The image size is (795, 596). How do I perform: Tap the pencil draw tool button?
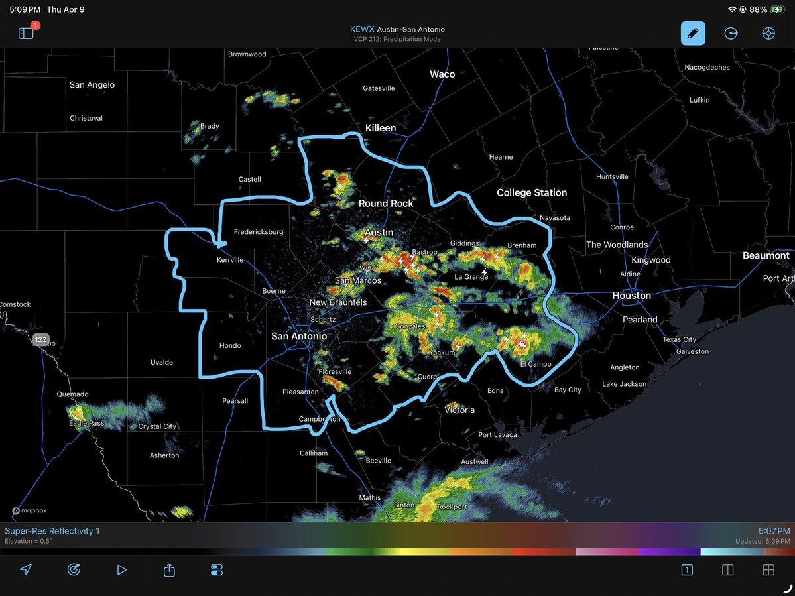click(x=693, y=33)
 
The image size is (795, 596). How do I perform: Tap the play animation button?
click(x=121, y=569)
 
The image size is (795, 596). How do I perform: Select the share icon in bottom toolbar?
click(x=169, y=569)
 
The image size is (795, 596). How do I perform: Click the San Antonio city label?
click(x=299, y=336)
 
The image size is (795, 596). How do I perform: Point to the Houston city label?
click(x=631, y=295)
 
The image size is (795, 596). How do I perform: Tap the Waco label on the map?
click(x=442, y=74)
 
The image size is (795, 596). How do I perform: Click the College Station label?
click(x=532, y=192)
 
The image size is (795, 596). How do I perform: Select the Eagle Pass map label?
click(x=87, y=423)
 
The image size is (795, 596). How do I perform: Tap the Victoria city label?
click(x=459, y=410)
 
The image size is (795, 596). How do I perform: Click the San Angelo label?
click(x=92, y=84)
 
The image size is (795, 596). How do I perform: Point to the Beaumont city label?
click(x=766, y=255)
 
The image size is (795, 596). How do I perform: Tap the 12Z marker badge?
click(x=40, y=340)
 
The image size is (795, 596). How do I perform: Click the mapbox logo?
click(x=29, y=510)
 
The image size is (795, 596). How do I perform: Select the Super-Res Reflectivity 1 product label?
click(x=52, y=531)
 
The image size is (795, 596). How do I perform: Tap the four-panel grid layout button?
click(x=768, y=569)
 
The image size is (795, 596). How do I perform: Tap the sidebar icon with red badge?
click(x=27, y=33)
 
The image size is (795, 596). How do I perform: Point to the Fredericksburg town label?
click(x=259, y=232)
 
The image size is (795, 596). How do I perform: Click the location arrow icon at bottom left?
click(x=26, y=569)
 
